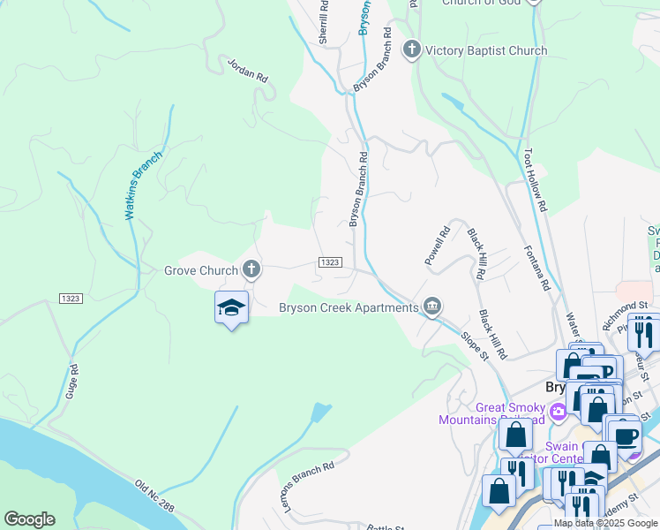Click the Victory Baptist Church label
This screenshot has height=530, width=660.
(x=486, y=50)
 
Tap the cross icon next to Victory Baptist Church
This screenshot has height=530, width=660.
(x=412, y=50)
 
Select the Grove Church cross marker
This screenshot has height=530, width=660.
(x=251, y=269)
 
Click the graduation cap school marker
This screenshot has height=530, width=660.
(x=231, y=307)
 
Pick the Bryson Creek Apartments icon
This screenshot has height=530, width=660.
(x=432, y=307)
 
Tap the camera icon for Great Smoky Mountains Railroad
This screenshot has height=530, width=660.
(x=558, y=412)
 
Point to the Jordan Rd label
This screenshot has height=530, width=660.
(x=247, y=71)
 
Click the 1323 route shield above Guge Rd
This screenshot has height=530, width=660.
(x=71, y=299)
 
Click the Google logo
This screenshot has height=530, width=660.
(x=29, y=519)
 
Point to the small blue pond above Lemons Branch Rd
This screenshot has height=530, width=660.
(x=321, y=412)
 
